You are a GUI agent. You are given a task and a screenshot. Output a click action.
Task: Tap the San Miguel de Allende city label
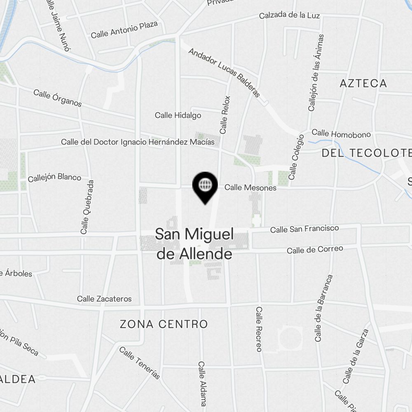(x=194, y=244)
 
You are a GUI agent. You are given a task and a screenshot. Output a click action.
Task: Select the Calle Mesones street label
(x=250, y=188)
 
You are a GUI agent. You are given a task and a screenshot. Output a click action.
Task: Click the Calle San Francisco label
(x=304, y=229)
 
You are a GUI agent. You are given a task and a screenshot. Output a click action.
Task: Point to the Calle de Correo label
(x=315, y=250)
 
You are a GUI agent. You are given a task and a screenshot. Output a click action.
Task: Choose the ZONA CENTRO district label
(x=164, y=324)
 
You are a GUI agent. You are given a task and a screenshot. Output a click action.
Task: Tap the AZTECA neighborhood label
(x=363, y=84)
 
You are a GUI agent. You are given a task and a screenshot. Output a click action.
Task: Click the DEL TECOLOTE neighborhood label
(x=366, y=153)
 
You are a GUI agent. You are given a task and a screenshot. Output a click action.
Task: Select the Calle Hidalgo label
(x=178, y=115)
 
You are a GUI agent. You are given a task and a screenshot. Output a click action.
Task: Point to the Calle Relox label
(x=225, y=115)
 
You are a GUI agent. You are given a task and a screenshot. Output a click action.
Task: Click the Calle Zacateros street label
(x=104, y=299)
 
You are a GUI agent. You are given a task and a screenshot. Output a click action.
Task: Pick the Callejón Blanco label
(x=54, y=178)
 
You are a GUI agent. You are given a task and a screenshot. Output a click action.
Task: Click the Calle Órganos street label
(x=58, y=98)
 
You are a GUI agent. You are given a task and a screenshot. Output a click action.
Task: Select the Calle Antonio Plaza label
(x=124, y=30)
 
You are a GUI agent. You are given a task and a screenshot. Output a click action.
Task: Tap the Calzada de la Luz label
(x=289, y=16)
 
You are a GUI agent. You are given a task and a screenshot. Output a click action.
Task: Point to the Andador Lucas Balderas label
(x=224, y=73)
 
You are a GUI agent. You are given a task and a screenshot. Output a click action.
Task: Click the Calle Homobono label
(x=341, y=134)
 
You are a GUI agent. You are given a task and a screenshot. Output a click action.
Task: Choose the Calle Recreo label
(x=259, y=329)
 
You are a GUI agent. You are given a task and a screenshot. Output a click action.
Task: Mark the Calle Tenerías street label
(x=139, y=363)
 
